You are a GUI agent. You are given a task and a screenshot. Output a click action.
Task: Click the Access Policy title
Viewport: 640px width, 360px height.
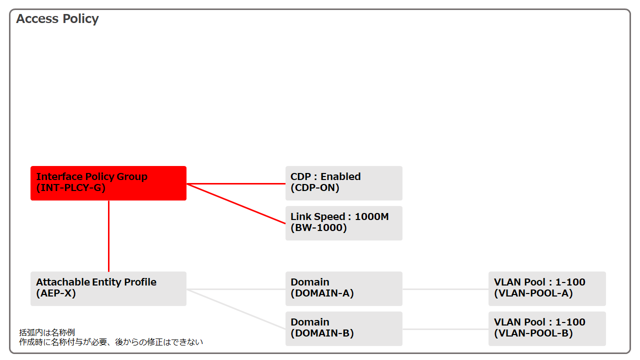(57, 19)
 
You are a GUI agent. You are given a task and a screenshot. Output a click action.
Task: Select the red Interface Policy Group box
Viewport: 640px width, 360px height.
(108, 183)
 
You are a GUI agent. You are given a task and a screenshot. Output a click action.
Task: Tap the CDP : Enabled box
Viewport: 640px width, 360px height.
(343, 183)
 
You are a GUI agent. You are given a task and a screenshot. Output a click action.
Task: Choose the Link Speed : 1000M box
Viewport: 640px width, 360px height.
(343, 223)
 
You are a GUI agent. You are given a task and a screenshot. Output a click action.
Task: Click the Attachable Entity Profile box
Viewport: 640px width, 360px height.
(108, 288)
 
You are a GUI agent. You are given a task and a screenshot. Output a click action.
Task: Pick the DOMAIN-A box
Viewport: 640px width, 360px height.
(343, 288)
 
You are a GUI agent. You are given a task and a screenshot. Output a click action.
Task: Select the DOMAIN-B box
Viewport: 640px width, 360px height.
(343, 328)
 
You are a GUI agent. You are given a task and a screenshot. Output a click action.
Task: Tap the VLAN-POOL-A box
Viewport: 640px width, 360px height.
(547, 288)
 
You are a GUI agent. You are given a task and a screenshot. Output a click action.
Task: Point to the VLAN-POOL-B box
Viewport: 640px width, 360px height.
(547, 328)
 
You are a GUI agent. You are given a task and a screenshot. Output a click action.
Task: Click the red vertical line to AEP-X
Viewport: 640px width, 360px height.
(109, 236)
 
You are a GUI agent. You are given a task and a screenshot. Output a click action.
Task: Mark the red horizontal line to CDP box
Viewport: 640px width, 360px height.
(236, 183)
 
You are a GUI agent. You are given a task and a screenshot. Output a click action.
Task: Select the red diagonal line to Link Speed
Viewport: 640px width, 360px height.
(236, 203)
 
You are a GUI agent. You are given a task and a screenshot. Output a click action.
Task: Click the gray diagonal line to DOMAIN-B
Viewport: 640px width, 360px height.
(236, 309)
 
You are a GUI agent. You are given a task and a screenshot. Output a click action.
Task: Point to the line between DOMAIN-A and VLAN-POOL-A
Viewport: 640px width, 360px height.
(445, 289)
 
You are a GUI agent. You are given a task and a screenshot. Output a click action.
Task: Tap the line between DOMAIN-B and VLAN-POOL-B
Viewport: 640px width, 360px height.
(445, 329)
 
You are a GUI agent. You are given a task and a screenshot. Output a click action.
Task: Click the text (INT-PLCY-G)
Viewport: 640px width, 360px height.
(71, 188)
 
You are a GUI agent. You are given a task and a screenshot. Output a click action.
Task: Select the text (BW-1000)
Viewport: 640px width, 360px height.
(318, 228)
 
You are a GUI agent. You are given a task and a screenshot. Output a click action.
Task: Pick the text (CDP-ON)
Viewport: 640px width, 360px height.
(315, 188)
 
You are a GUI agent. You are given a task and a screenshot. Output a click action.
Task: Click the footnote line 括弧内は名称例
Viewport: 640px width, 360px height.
(47, 332)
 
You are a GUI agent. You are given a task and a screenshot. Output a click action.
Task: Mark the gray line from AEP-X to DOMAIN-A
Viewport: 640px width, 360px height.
(236, 289)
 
